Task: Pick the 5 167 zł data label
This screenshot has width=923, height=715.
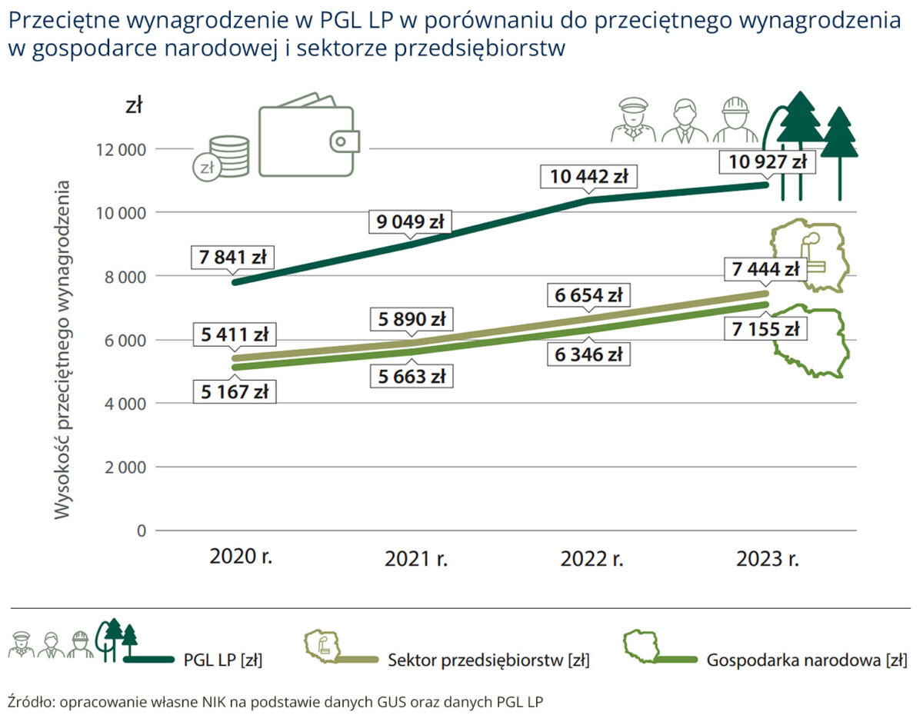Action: coord(234,391)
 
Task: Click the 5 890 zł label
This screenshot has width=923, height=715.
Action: coord(411,318)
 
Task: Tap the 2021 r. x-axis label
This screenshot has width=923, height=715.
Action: coord(415,559)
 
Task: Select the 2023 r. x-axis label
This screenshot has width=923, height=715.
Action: coord(767,559)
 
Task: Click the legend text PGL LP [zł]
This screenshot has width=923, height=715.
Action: coord(223,660)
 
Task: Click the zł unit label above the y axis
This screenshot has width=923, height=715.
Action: coord(133,108)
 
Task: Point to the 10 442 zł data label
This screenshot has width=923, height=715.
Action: coord(588,176)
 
